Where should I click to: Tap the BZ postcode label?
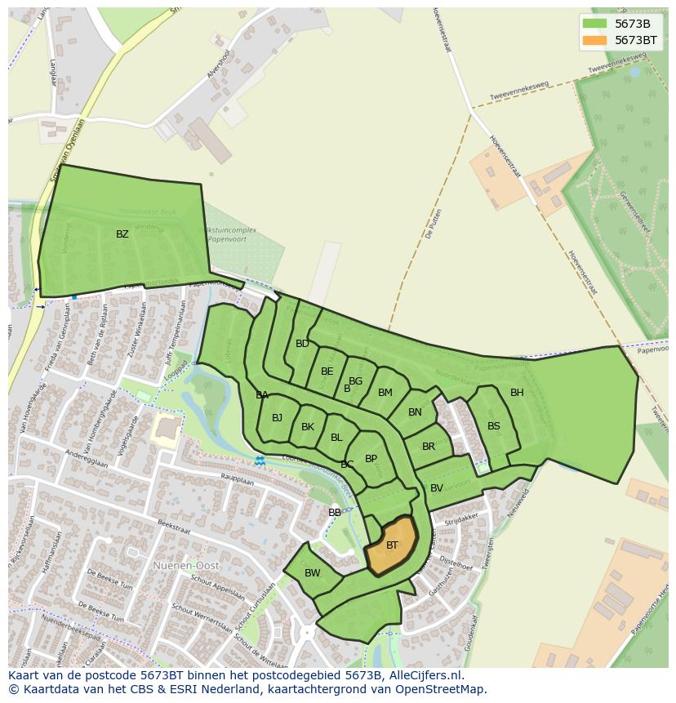click(122, 234)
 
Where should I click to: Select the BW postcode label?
click(313, 573)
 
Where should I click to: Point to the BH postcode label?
click(517, 393)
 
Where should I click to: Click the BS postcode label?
click(494, 426)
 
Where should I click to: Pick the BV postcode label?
click(437, 488)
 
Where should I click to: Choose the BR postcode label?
click(429, 447)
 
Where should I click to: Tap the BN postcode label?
click(415, 412)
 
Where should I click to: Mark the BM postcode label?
click(385, 393)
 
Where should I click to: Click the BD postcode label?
click(302, 344)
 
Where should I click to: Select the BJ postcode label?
click(277, 418)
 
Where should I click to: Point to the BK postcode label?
click(308, 427)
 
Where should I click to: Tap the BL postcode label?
click(336, 438)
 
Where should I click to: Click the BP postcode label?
click(371, 459)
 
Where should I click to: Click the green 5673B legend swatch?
click(595, 24)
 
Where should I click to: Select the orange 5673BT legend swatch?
click(595, 40)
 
